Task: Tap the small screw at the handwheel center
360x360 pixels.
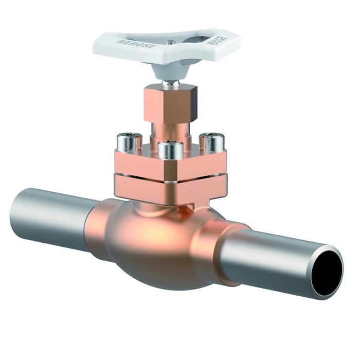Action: coord(169,41)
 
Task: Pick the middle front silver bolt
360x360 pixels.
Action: coord(170,150)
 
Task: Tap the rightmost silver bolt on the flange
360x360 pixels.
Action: coord(210,142)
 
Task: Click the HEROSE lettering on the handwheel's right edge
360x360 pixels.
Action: coord(218,43)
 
